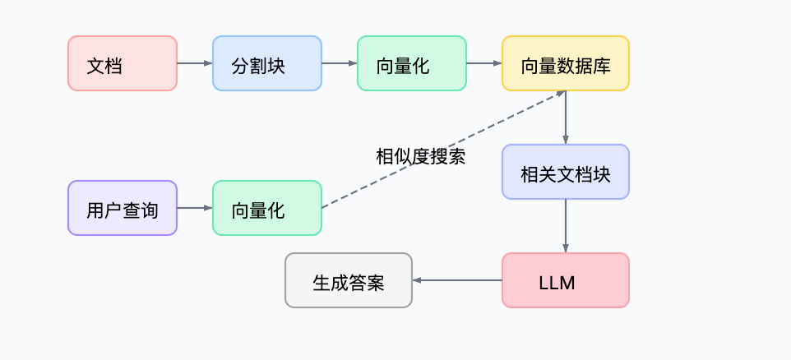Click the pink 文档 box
(x=122, y=63)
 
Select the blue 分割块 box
(x=266, y=63)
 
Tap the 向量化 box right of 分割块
(x=411, y=63)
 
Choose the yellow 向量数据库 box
(x=565, y=63)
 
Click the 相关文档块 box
(x=565, y=172)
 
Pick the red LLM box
(x=565, y=280)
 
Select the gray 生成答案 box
(x=348, y=280)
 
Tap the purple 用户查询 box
(x=122, y=208)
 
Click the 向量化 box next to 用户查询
(x=266, y=208)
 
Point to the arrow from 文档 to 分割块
(x=194, y=63)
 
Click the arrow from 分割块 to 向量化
(x=339, y=63)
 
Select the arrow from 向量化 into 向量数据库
(x=483, y=63)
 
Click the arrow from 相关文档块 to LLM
(x=565, y=225)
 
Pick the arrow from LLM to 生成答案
(x=457, y=280)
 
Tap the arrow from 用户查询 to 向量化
(x=194, y=208)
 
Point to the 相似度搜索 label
(x=420, y=156)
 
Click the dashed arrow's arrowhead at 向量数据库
(x=560, y=94)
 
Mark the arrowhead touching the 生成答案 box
(x=417, y=280)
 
